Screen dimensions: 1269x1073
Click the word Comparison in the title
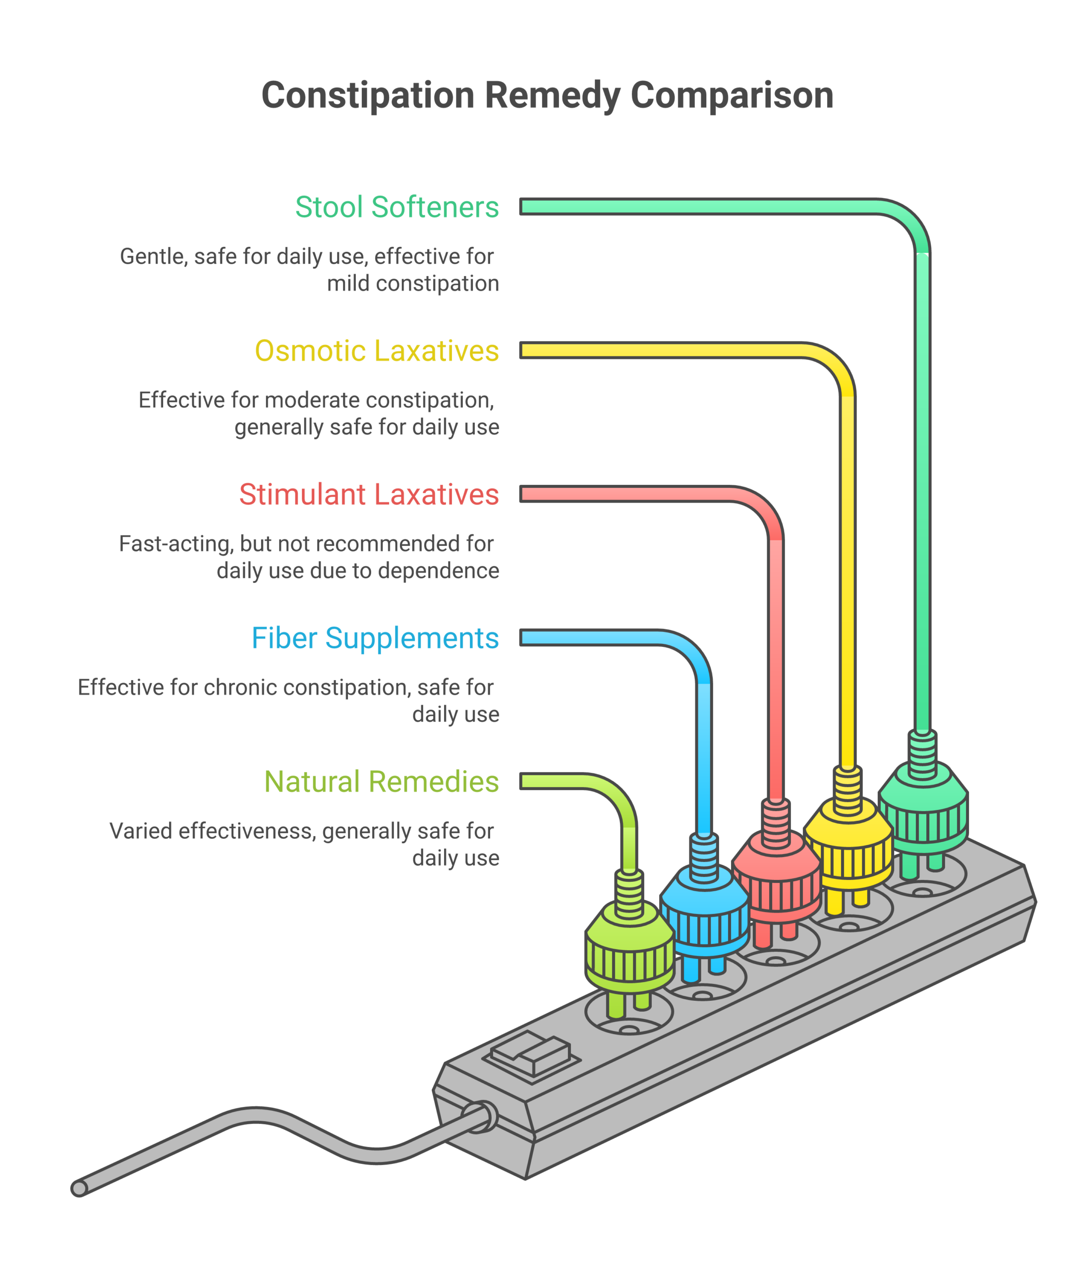click(x=732, y=96)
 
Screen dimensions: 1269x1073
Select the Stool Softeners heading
click(x=396, y=207)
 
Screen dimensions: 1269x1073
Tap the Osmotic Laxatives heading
click(x=377, y=351)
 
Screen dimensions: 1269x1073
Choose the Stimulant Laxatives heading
click(x=369, y=495)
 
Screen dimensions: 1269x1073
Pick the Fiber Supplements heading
click(x=375, y=638)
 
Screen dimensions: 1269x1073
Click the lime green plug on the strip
click(x=629, y=949)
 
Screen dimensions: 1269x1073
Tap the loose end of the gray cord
click(x=80, y=1188)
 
